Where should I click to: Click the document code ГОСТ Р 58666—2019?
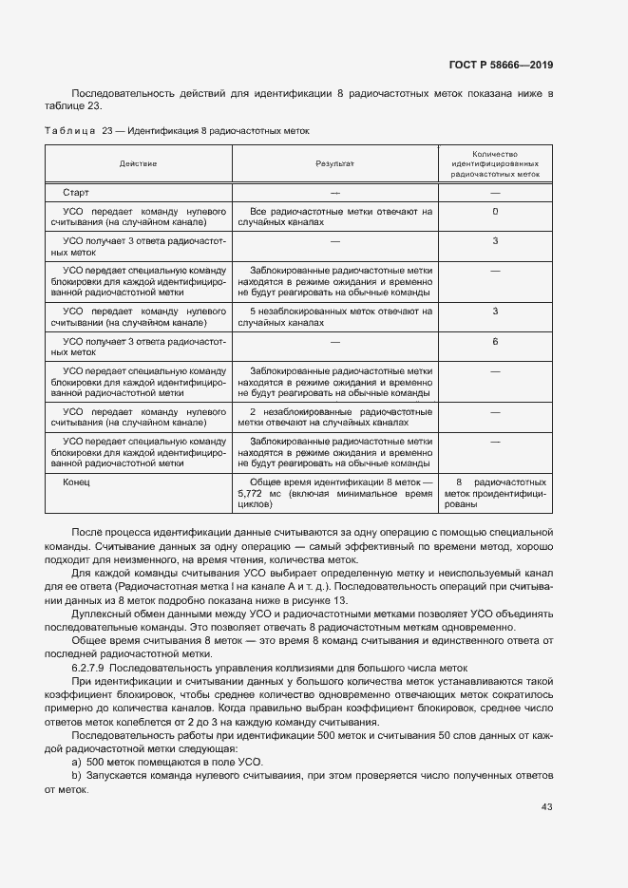click(500, 65)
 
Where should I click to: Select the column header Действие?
click(139, 164)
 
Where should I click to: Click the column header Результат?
click(334, 164)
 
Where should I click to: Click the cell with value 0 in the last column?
click(495, 211)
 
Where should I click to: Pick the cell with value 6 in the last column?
click(495, 341)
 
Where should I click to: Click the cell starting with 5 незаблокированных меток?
click(334, 316)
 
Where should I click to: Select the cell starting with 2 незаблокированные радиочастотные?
click(334, 417)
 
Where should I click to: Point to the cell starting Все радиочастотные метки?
click(334, 217)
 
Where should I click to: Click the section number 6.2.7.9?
click(90, 668)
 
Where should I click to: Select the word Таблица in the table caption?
click(69, 130)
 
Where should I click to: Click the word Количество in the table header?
click(495, 153)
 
